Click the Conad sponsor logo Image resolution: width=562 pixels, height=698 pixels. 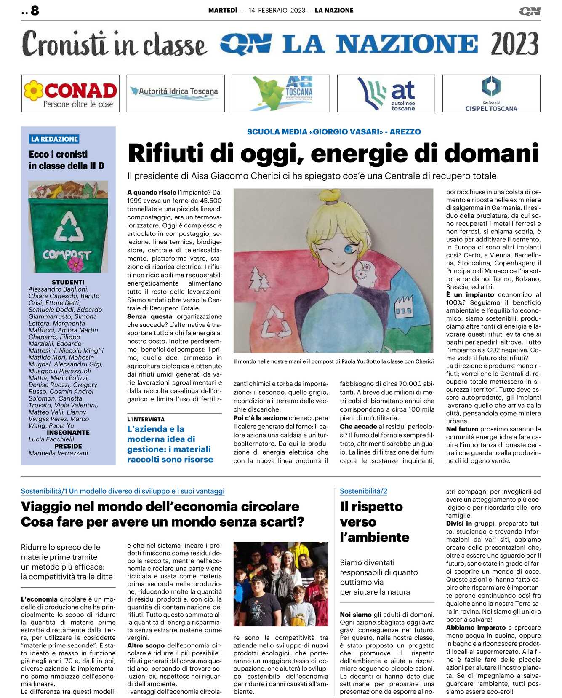[x=70, y=94]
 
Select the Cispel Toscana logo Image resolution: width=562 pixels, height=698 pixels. [x=491, y=94]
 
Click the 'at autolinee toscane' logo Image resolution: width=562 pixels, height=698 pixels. [x=386, y=94]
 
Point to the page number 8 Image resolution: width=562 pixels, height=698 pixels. [x=35, y=11]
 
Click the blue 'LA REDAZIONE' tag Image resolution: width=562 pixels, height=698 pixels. [x=55, y=139]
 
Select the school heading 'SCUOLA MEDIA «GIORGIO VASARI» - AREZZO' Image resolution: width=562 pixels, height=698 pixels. [x=334, y=132]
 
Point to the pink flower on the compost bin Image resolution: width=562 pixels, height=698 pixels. [x=76, y=264]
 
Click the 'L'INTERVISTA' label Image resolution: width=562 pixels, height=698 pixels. [x=146, y=420]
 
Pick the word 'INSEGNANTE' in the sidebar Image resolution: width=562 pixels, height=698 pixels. [x=68, y=433]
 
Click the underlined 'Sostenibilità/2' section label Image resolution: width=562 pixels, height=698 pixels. [x=363, y=491]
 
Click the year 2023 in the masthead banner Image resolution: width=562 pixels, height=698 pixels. [x=514, y=44]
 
